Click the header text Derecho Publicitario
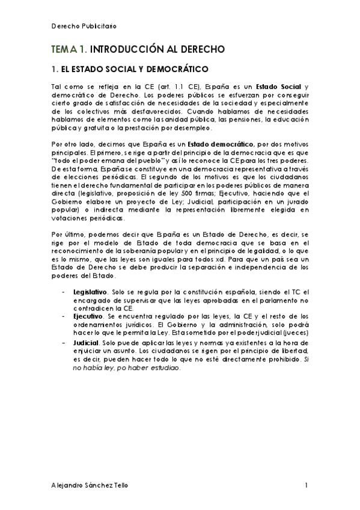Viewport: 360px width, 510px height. (x=84, y=27)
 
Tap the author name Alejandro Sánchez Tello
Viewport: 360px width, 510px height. (x=89, y=485)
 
